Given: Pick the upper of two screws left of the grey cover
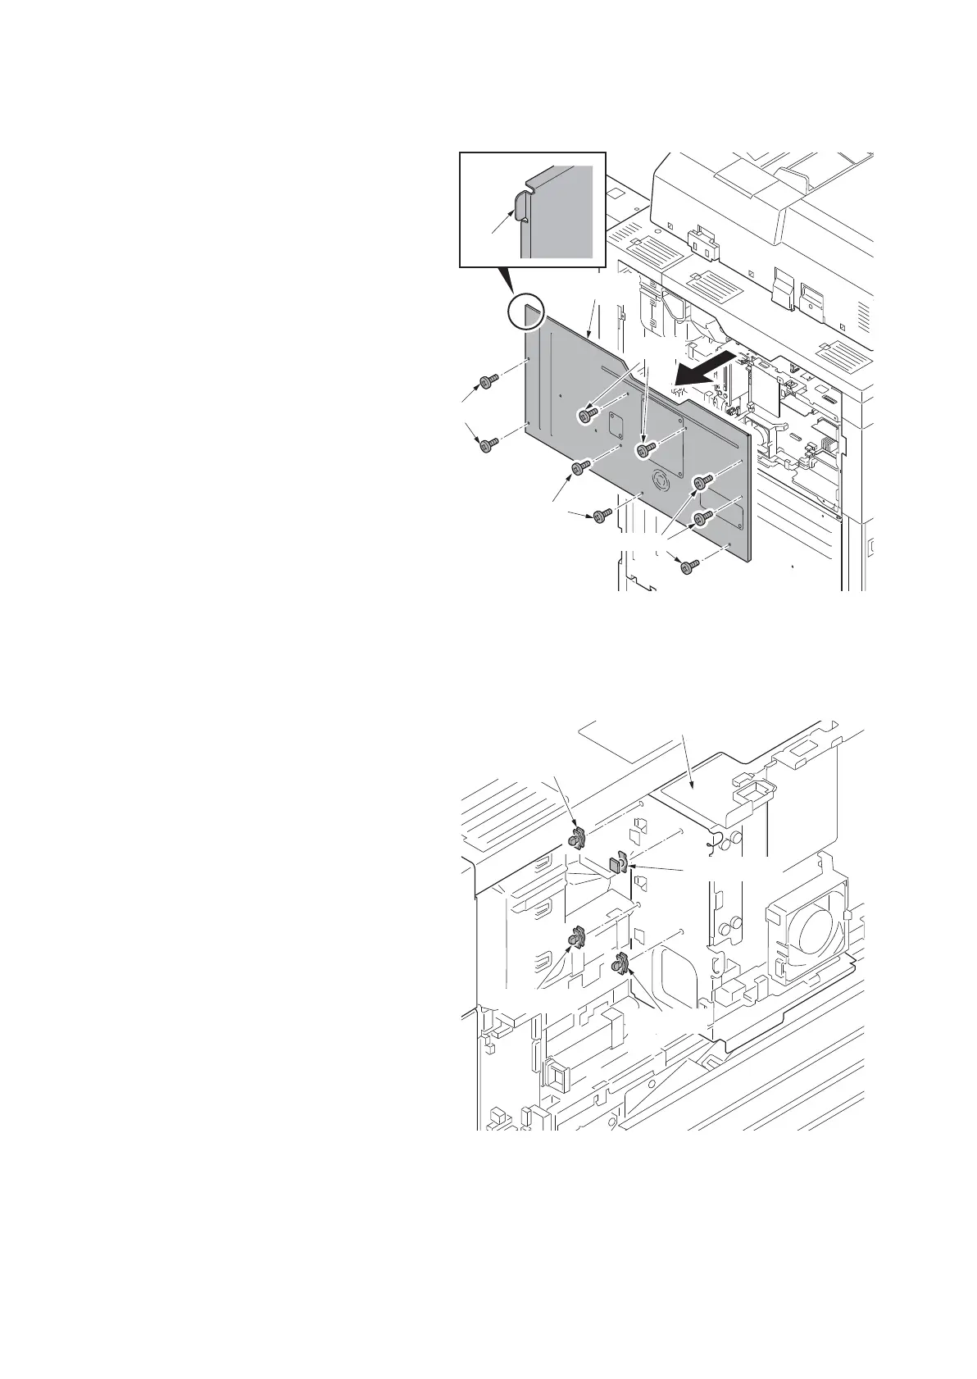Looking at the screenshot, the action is pyautogui.click(x=486, y=381).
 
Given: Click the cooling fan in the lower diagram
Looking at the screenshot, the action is pyautogui.click(x=806, y=936).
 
